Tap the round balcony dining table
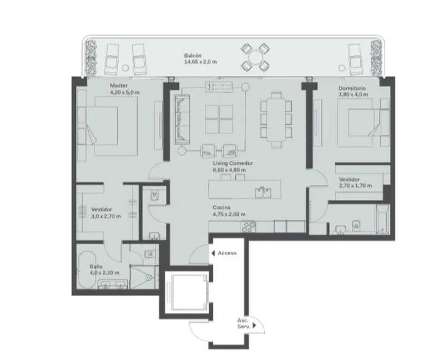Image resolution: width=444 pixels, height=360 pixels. (x=255, y=58)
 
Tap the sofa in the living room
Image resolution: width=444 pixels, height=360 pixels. (x=182, y=119)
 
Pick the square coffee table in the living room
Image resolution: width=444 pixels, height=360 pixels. (x=219, y=119)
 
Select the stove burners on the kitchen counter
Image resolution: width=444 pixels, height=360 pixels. (x=248, y=227)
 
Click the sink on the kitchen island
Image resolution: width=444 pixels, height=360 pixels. (x=263, y=192)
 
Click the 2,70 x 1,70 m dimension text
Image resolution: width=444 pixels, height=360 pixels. (x=355, y=186)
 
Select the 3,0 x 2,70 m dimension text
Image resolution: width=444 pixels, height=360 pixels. (x=106, y=216)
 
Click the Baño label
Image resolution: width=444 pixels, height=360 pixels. (x=96, y=267)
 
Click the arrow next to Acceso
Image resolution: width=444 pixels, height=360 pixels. (x=213, y=253)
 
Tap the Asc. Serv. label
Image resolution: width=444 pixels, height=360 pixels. (x=244, y=323)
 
